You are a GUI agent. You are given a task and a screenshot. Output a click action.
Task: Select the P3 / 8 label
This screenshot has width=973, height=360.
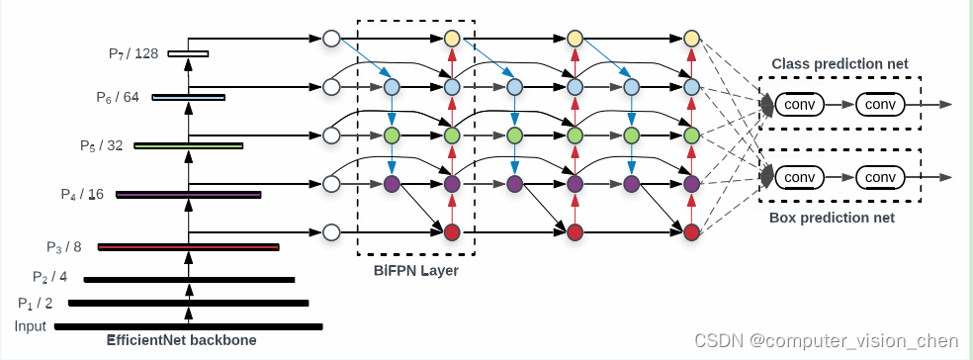pyautogui.click(x=64, y=247)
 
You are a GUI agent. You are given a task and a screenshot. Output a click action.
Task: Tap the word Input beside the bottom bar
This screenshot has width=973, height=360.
pyautogui.click(x=31, y=327)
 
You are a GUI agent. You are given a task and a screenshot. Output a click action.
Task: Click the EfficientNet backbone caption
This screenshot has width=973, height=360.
pyautogui.click(x=181, y=341)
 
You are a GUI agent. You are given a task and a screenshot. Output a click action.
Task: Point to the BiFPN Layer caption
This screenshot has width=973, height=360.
pyautogui.click(x=415, y=270)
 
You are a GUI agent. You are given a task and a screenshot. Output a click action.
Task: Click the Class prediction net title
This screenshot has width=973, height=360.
pyautogui.click(x=840, y=64)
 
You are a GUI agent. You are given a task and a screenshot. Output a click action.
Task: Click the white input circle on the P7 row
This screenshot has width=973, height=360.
pyautogui.click(x=331, y=40)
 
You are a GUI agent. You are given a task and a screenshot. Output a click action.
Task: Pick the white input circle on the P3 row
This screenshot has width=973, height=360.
pyautogui.click(x=331, y=232)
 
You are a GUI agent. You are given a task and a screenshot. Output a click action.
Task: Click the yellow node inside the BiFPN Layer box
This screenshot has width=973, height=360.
pyautogui.click(x=452, y=40)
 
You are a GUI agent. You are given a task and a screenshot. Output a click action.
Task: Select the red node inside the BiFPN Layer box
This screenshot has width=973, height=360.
pyautogui.click(x=452, y=232)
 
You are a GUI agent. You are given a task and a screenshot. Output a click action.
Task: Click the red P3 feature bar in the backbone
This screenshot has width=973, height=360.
pyautogui.click(x=188, y=247)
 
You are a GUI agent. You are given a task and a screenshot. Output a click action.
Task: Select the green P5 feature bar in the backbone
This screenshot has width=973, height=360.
pyautogui.click(x=188, y=145)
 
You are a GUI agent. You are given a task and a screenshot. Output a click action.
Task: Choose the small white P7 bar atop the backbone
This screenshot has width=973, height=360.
pyautogui.click(x=188, y=53)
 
